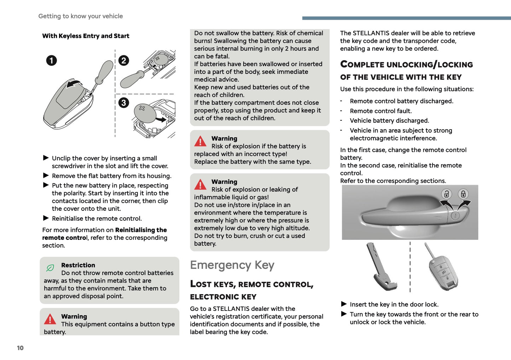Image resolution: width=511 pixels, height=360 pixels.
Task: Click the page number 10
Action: [x=20, y=348]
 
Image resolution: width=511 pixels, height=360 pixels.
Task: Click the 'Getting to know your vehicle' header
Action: [x=81, y=16]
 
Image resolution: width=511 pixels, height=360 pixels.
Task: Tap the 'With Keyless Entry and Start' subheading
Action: [x=86, y=36]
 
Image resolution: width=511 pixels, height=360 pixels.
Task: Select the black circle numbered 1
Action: [x=51, y=60]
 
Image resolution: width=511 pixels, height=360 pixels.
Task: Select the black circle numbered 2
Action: [x=123, y=60]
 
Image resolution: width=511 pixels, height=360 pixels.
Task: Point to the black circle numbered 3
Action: [x=123, y=103]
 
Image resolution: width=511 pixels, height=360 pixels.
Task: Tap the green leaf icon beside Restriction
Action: [x=50, y=268]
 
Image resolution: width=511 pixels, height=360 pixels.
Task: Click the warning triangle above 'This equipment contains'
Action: [x=50, y=319]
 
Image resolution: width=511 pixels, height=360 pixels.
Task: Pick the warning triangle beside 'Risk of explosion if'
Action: [x=200, y=141]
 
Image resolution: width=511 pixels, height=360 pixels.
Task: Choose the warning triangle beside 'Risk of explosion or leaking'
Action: [x=200, y=185]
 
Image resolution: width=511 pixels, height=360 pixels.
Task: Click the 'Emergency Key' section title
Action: [x=232, y=265]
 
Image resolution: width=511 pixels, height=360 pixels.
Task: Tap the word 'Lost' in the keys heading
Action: [x=201, y=284]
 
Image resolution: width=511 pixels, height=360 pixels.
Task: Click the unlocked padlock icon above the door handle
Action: [x=447, y=194]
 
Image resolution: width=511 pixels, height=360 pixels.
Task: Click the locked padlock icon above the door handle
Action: [x=463, y=194]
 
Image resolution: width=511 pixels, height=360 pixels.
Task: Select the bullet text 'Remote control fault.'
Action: [x=381, y=111]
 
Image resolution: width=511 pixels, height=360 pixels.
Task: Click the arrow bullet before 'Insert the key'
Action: [x=344, y=304]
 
